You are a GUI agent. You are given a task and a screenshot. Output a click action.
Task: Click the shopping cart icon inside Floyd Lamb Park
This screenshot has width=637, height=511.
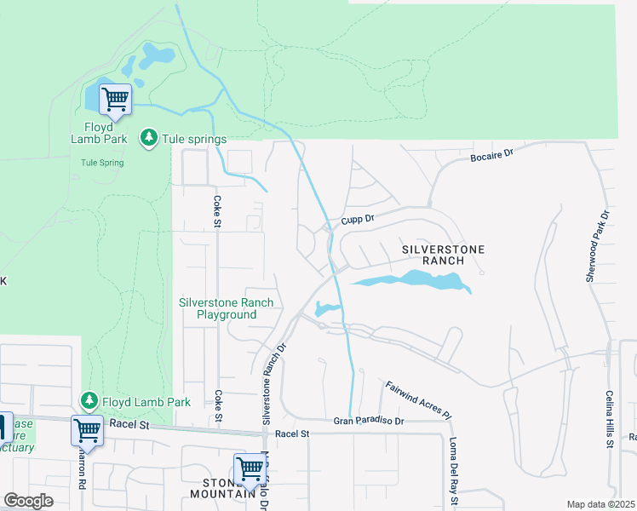point(115,99)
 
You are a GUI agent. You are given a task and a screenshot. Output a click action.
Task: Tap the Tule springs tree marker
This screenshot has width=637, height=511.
point(150,139)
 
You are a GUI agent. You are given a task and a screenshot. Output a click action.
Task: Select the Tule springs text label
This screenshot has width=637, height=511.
point(195,140)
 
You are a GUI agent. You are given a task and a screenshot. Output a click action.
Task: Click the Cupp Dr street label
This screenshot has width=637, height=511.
point(358,219)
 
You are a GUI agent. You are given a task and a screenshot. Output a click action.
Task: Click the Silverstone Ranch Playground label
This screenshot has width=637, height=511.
point(227,308)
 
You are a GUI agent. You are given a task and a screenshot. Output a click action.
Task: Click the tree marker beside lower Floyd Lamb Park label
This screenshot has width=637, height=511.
point(89,399)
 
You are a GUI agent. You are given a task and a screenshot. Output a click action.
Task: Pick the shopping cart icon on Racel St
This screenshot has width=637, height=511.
point(87,430)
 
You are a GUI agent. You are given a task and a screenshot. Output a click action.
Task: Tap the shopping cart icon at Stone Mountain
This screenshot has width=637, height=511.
point(249,468)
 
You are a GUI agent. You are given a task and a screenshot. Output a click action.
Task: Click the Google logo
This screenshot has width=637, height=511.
point(28,501)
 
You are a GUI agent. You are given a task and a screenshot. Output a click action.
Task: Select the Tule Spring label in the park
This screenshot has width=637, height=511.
point(102,163)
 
